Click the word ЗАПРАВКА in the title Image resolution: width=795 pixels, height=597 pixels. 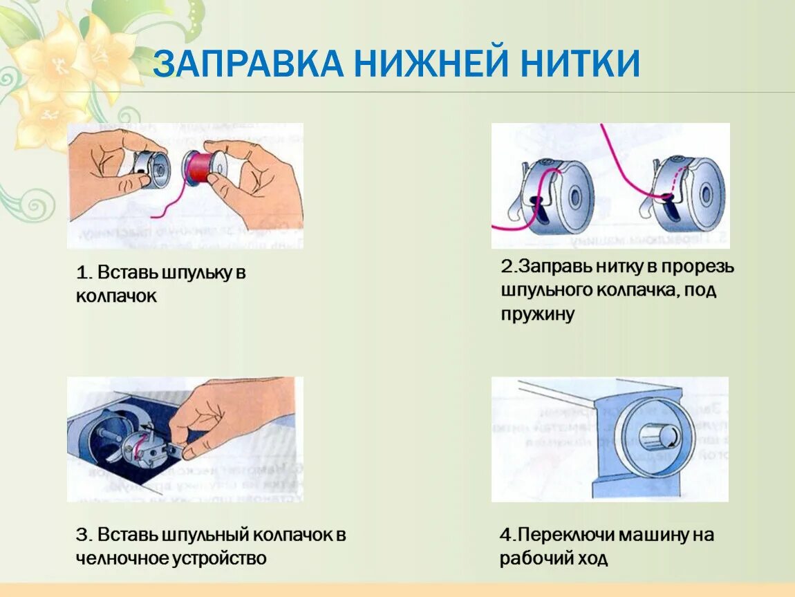247,64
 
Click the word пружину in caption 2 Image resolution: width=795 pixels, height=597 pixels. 537,314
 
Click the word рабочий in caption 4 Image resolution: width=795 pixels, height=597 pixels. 539,558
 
